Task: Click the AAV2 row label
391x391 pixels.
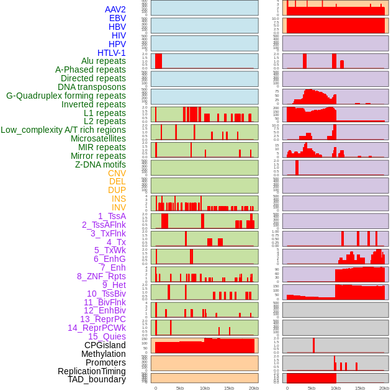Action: click(x=115, y=9)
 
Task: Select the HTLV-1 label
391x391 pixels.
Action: click(x=112, y=53)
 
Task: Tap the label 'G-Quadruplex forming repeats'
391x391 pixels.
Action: click(x=66, y=96)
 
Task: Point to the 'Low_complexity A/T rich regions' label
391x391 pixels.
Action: click(x=63, y=130)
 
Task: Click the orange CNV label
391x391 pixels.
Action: click(x=117, y=173)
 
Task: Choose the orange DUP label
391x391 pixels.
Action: click(x=117, y=190)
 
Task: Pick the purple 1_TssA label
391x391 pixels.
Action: click(x=112, y=216)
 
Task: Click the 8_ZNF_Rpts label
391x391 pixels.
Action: click(x=101, y=276)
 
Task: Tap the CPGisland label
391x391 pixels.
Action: click(x=105, y=345)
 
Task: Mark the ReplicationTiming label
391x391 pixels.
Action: click(x=92, y=371)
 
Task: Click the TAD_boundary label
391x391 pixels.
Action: click(x=97, y=379)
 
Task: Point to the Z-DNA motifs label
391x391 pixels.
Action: click(x=101, y=164)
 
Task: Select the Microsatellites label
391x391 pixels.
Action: click(x=98, y=138)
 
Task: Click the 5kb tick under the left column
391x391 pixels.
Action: click(x=180, y=388)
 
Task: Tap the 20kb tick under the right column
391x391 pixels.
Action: click(x=384, y=388)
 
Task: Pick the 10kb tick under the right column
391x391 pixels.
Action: click(x=336, y=388)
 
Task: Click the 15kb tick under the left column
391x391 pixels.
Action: click(x=229, y=388)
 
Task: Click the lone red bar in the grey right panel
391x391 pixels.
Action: click(x=314, y=345)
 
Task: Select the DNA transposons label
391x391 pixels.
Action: click(x=92, y=87)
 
